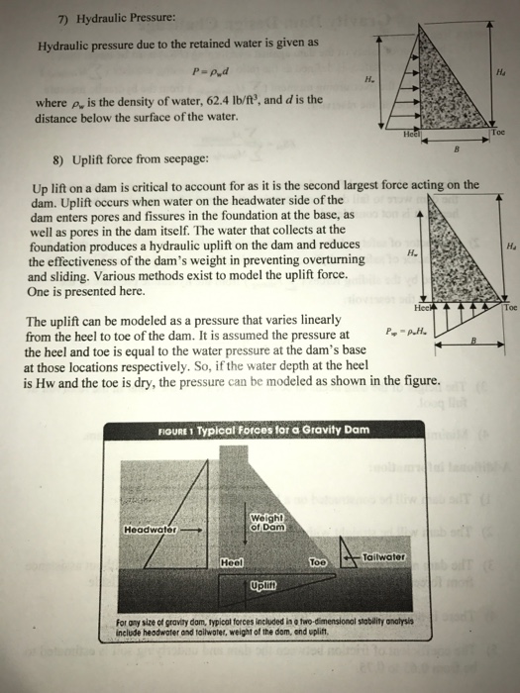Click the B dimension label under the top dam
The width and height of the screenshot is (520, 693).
[x=456, y=151]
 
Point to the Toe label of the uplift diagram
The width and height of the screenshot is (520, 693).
[x=509, y=309]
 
